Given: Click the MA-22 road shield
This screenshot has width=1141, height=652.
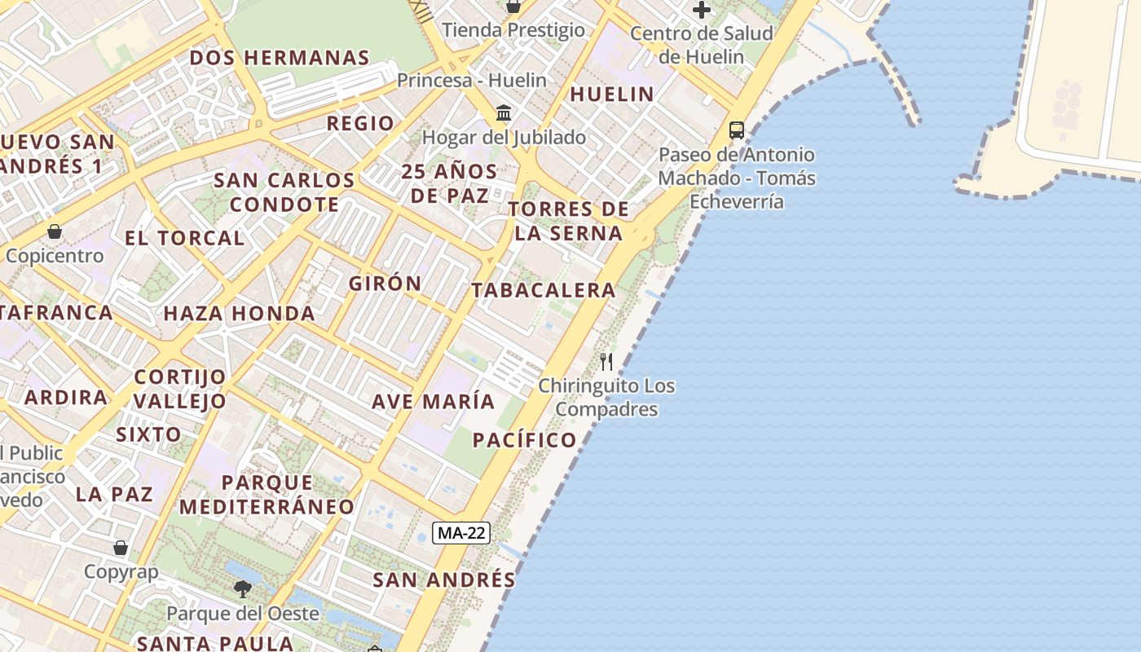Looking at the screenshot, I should point(462,533).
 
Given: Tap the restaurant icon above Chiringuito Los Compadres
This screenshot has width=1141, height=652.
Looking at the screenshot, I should point(606,361).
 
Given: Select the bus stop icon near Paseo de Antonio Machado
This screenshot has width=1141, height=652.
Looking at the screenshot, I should point(736,130).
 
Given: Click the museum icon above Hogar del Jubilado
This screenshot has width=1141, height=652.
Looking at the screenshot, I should point(504,112).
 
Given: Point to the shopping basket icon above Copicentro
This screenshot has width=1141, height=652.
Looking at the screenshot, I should point(55,231).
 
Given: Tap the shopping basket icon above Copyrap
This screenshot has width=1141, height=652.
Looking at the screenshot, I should point(121,548).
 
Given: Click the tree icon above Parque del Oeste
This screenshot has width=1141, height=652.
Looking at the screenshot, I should point(242,588).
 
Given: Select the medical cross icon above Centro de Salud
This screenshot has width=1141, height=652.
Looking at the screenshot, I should point(701,10).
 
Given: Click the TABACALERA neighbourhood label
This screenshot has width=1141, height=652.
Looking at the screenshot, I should point(543,290).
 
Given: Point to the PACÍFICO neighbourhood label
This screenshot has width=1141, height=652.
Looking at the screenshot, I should point(525,440).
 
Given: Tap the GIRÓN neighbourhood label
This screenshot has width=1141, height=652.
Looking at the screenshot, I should point(385,284).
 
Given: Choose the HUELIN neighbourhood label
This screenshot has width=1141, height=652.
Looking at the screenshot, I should point(612,94).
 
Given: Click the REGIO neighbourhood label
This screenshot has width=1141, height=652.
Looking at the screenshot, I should point(360,123).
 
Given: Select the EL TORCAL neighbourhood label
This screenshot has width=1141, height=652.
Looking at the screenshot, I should point(184,238).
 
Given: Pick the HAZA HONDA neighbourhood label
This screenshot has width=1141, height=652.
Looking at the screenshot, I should point(239,313).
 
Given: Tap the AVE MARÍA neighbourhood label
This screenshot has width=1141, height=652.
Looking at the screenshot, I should point(433,401).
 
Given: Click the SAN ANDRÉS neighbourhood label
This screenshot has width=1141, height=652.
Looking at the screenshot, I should point(444,579).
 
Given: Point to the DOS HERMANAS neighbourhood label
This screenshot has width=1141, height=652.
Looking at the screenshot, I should point(280,58).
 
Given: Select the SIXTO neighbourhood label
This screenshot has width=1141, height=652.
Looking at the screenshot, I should point(148,434).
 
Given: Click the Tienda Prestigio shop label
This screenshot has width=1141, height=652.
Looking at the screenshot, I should point(513,30).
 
